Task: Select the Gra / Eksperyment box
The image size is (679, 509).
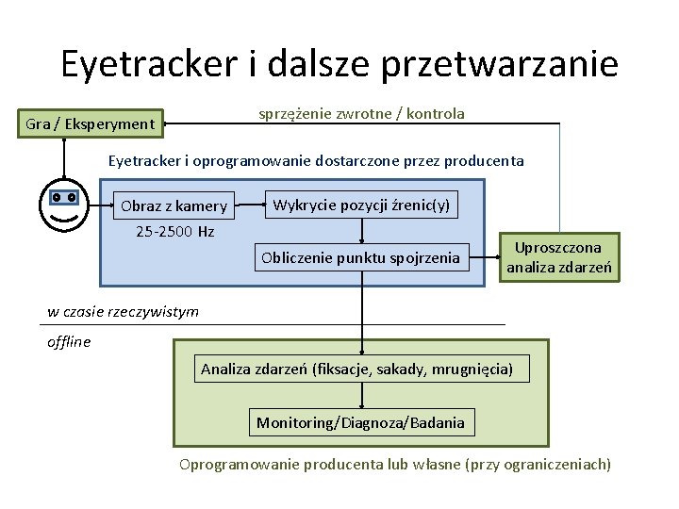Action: (91, 123)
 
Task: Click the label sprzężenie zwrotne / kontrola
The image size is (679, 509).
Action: (362, 114)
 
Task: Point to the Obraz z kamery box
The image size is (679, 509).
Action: (174, 205)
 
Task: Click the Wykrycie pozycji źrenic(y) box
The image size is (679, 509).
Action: (361, 205)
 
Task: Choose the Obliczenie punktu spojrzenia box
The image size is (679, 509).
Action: (360, 256)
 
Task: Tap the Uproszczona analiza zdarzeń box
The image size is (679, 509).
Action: (558, 257)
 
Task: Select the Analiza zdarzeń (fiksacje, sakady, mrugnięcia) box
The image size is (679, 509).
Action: (357, 369)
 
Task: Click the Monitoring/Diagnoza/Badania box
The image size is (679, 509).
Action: (361, 422)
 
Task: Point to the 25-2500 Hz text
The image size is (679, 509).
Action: (175, 231)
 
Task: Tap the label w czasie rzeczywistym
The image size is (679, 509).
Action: (124, 312)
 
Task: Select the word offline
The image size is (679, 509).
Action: (69, 342)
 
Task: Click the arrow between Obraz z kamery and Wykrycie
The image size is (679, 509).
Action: (250, 205)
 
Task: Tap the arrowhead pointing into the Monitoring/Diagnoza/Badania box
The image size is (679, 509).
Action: (361, 405)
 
